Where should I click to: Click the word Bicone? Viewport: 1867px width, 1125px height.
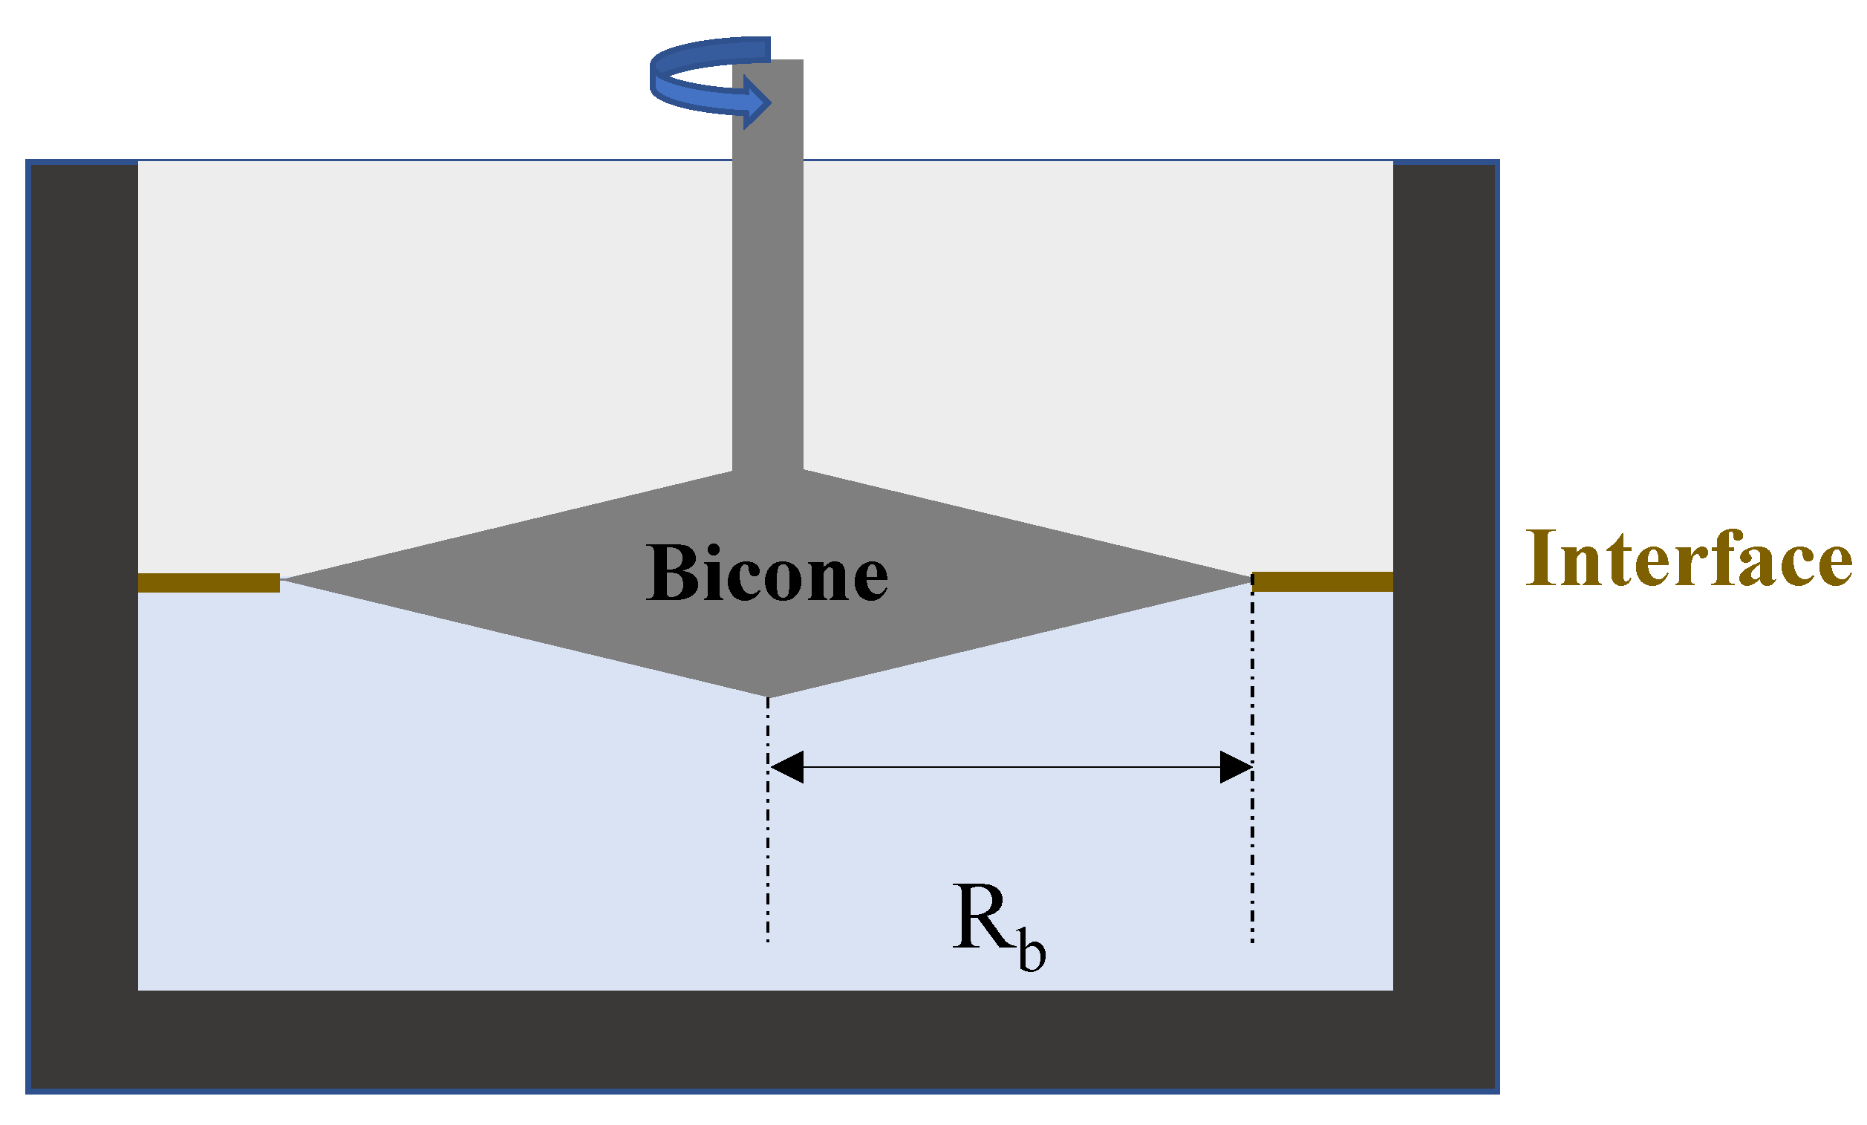pos(766,573)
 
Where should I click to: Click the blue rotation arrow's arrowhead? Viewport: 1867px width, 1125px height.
pos(757,102)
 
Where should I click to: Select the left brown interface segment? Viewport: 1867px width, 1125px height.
pos(209,583)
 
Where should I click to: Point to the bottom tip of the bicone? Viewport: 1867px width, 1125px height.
pos(769,695)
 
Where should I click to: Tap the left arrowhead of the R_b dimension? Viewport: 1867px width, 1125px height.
pos(786,767)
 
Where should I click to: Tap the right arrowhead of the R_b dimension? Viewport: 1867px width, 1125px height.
pos(1235,767)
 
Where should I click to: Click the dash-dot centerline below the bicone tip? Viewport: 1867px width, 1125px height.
pos(768,856)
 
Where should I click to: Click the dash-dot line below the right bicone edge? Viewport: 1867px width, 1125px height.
pos(1253,856)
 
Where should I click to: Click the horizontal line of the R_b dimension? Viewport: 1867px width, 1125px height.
pos(1008,767)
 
